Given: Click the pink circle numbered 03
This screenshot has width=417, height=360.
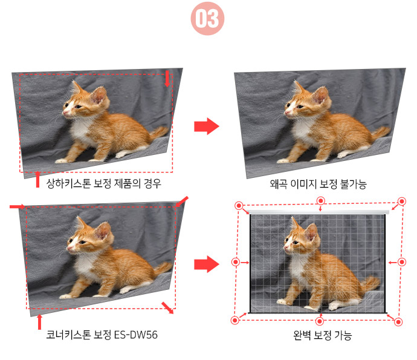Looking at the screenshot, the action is coord(207,19).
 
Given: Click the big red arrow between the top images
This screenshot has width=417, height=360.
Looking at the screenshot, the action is coord(207,126).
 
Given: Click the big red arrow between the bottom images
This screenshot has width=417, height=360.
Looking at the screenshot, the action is coord(207,264).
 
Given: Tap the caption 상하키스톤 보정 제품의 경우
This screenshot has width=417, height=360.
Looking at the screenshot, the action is coord(104,183).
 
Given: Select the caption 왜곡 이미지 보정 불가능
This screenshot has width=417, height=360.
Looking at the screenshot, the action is coord(318,184).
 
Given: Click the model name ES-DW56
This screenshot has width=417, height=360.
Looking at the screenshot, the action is coord(135,335).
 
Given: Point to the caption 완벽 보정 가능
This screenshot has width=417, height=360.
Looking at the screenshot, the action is coord(322,335).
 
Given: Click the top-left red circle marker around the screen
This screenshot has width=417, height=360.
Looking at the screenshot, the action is coord(239,206).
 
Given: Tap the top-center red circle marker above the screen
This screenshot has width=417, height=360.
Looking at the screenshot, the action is coord(321,201).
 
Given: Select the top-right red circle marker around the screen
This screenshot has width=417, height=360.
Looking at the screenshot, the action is coord(401,201).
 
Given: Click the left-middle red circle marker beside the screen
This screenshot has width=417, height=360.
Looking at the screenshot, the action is coord(236,262).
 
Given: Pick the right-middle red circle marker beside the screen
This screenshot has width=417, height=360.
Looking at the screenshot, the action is coord(401,262).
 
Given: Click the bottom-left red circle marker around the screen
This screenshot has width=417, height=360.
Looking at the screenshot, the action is coord(235,320).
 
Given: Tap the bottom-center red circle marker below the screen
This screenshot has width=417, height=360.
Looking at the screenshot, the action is coord(320,321).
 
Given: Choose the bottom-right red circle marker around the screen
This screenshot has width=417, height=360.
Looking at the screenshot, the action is coord(398,322).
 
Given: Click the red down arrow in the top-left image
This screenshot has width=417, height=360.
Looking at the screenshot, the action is coord(167,79).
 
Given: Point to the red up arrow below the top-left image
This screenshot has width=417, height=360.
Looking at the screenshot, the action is coord(37,180).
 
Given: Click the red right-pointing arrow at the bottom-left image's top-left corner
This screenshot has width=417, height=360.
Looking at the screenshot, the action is coord(18,207).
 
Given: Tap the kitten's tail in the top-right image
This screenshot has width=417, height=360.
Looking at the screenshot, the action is coord(381,133).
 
